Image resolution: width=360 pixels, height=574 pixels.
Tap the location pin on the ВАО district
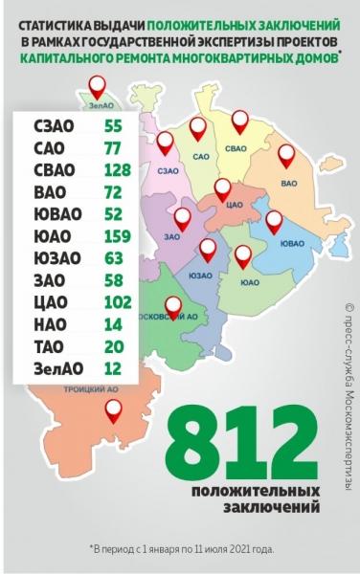tap(286, 154)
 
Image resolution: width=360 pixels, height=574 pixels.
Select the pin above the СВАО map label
tap(239, 120)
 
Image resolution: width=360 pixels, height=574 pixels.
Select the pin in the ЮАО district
tap(243, 255)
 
